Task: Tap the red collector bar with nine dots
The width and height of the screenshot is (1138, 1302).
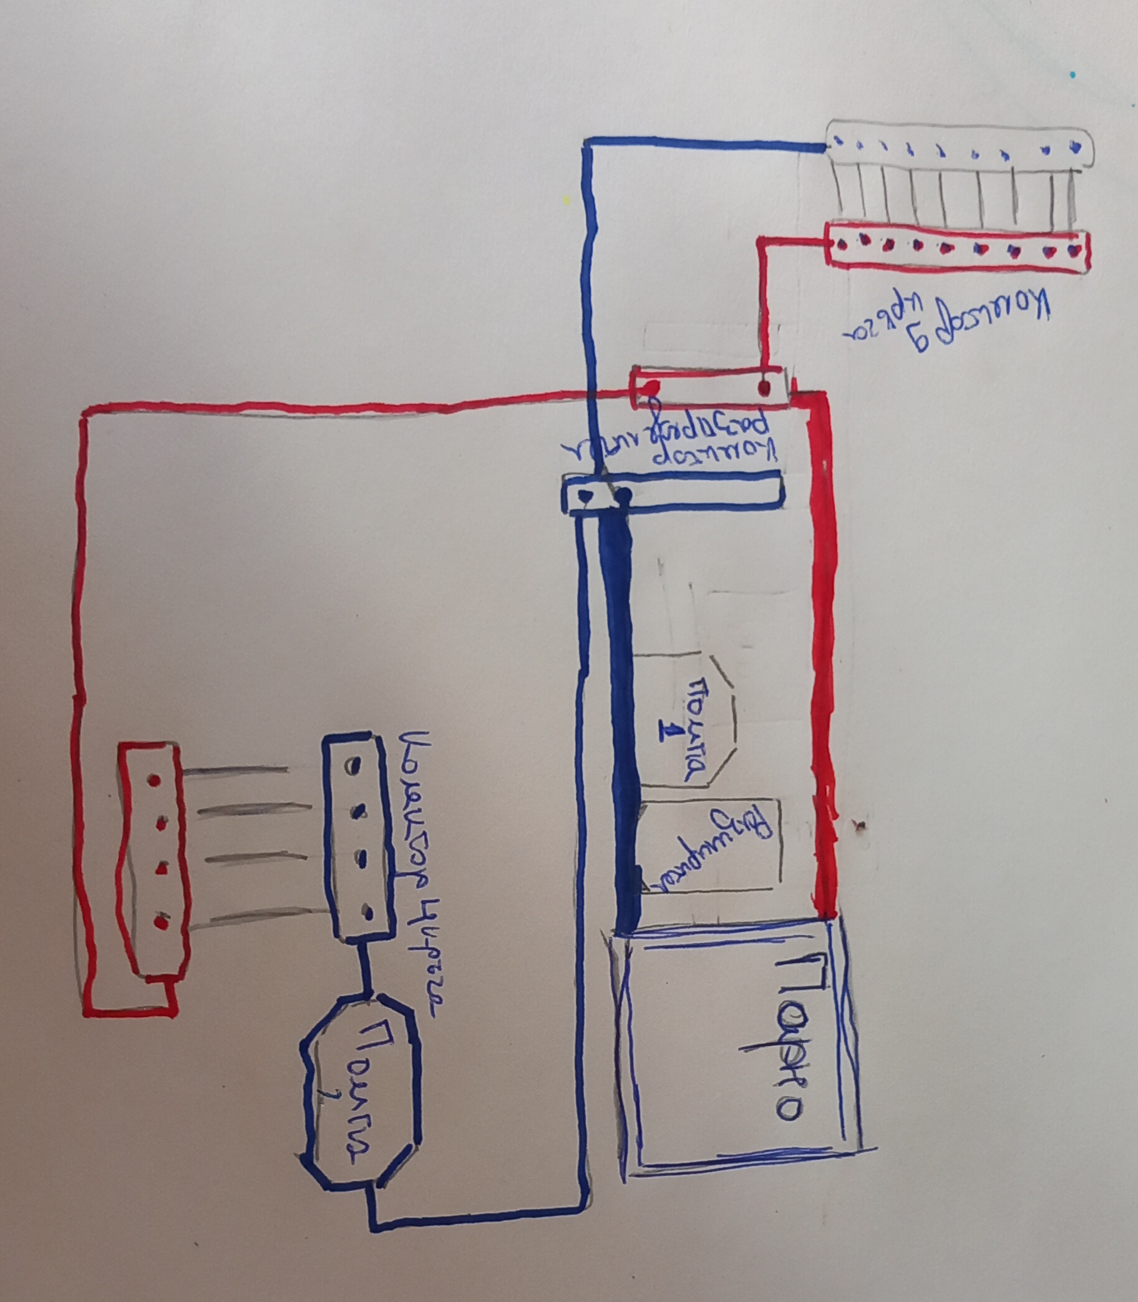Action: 956,249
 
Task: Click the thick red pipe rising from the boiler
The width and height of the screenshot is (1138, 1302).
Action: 823,655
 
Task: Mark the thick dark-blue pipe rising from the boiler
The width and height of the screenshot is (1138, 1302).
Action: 619,718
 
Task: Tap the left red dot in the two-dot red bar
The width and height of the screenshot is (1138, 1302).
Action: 650,388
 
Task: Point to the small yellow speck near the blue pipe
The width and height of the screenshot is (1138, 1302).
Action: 566,200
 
